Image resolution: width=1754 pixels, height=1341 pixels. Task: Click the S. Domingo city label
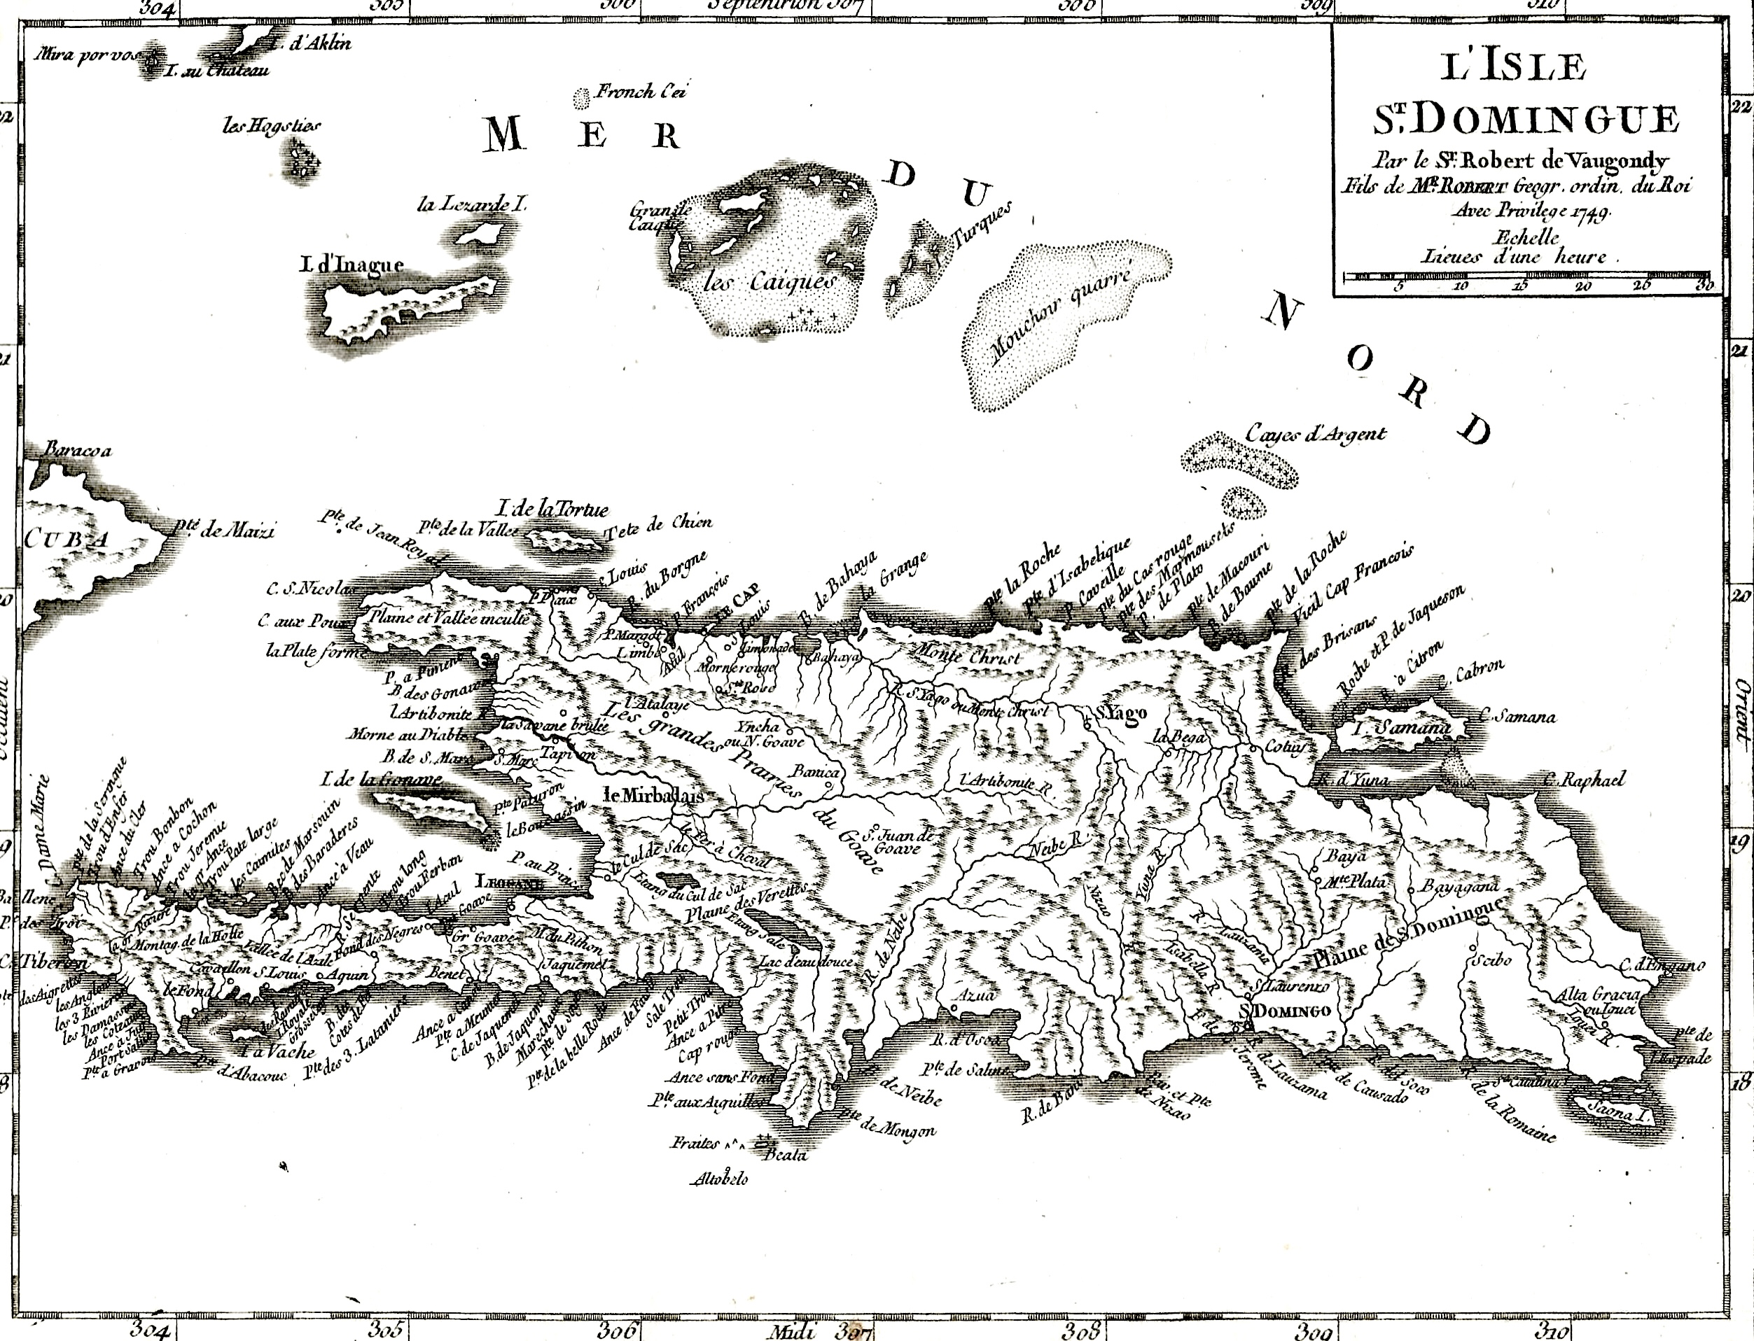point(1286,1011)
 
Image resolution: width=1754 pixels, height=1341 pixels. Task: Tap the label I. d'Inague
point(352,265)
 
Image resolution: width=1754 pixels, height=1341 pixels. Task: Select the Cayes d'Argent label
point(1316,434)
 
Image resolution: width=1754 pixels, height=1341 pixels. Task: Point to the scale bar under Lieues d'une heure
point(1527,277)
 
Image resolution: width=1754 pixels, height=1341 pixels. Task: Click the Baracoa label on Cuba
point(78,450)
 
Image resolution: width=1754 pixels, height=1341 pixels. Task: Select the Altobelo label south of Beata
point(719,1179)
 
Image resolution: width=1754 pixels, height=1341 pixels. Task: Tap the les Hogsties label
point(272,126)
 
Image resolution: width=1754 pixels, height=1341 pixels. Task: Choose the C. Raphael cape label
point(1584,780)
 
